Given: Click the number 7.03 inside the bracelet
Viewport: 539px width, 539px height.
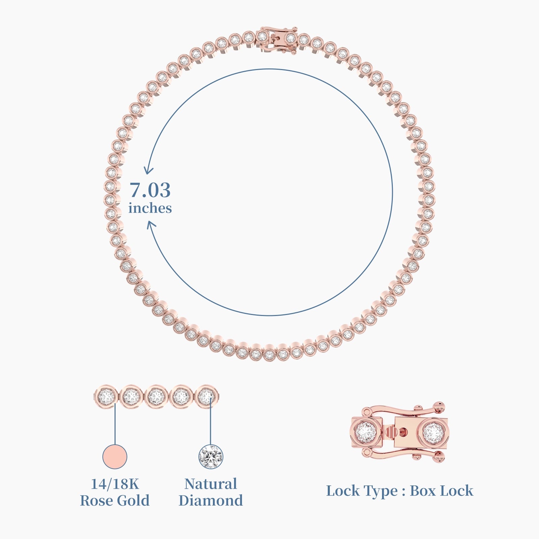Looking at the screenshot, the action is [x=150, y=190].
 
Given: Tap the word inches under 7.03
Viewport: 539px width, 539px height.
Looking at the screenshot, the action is [x=150, y=208].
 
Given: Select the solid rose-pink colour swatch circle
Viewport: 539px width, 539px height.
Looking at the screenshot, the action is [x=115, y=456].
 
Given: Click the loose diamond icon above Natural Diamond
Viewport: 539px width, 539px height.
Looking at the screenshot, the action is [x=211, y=456].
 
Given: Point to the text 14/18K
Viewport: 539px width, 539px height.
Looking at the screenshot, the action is [x=115, y=484].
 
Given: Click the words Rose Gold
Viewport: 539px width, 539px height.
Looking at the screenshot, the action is [x=115, y=500].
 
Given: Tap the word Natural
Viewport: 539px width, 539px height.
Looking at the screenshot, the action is [x=211, y=484].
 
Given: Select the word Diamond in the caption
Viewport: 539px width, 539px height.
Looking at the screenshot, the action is [x=211, y=500].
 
